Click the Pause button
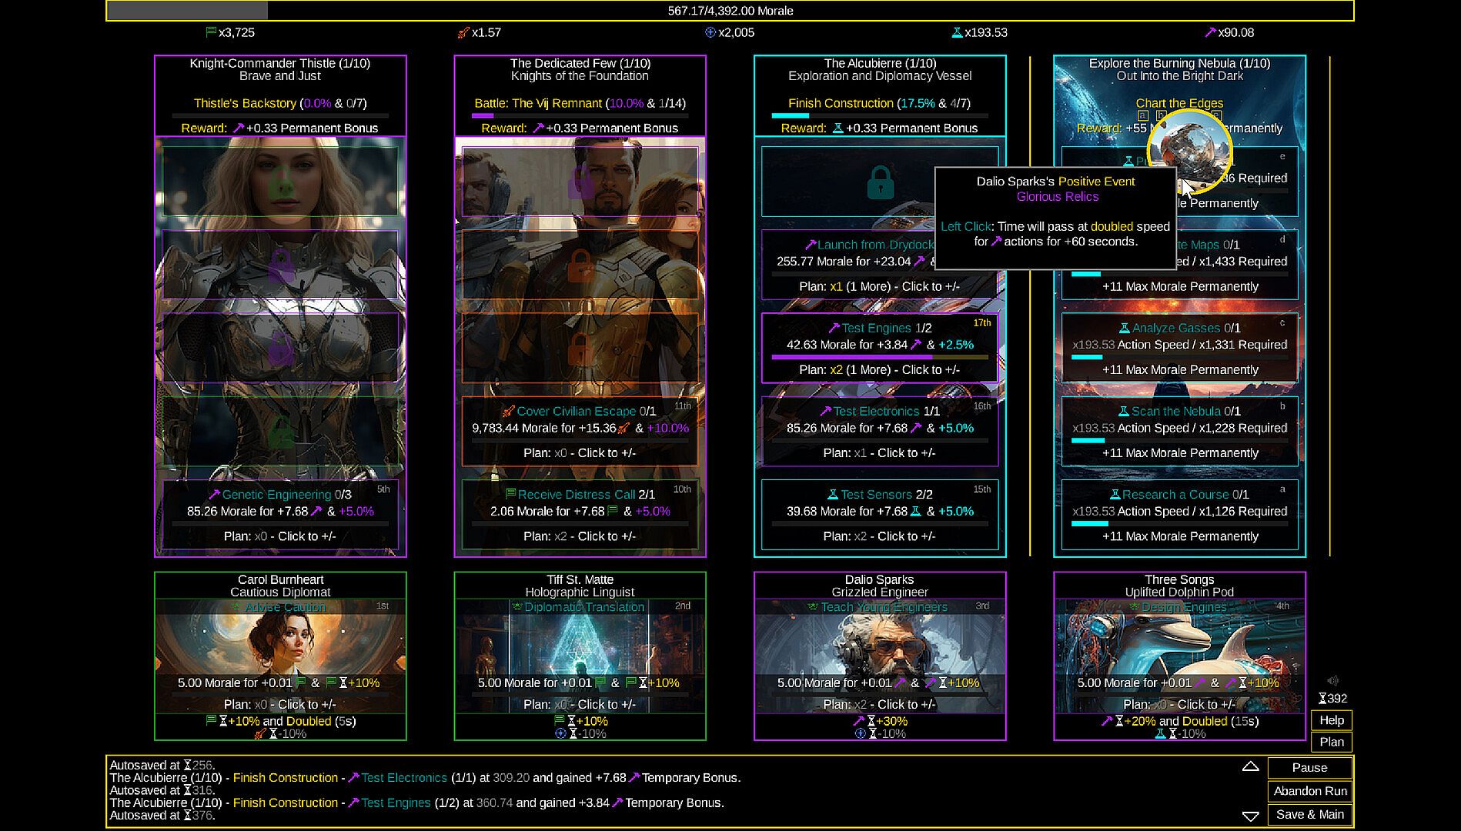click(1309, 767)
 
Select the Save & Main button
click(1309, 814)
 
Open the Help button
click(1331, 720)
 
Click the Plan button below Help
click(1331, 742)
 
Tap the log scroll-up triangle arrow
click(1250, 766)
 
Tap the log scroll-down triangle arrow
click(1250, 816)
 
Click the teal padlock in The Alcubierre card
click(880, 182)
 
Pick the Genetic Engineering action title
click(276, 494)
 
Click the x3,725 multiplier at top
click(236, 32)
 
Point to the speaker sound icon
click(1332, 680)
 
